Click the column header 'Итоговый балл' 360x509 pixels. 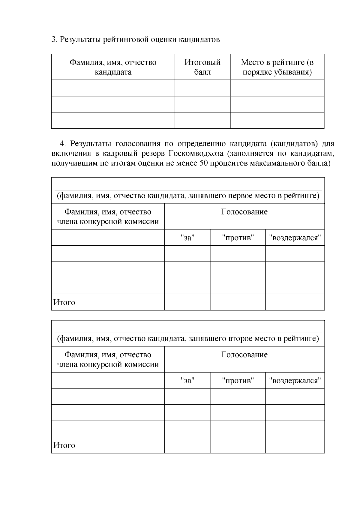[x=202, y=67]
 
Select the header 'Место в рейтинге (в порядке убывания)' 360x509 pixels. [x=277, y=67]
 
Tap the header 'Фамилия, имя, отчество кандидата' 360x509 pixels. [x=113, y=67]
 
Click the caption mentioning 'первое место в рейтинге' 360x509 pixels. [x=188, y=196]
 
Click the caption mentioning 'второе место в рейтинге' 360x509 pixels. [x=188, y=339]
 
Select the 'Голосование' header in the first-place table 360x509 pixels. [x=244, y=212]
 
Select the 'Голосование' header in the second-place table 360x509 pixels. [x=244, y=355]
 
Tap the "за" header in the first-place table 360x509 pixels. [x=187, y=238]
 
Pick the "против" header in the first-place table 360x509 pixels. [x=238, y=238]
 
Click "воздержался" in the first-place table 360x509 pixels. [x=295, y=238]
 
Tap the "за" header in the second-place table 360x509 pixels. [x=187, y=381]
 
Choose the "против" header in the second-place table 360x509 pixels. [x=238, y=381]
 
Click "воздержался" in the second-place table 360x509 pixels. [x=295, y=381]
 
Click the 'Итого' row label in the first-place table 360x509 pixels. [x=64, y=302]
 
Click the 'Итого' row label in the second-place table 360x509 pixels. [x=64, y=445]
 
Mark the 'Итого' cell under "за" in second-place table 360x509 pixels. [x=187, y=445]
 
